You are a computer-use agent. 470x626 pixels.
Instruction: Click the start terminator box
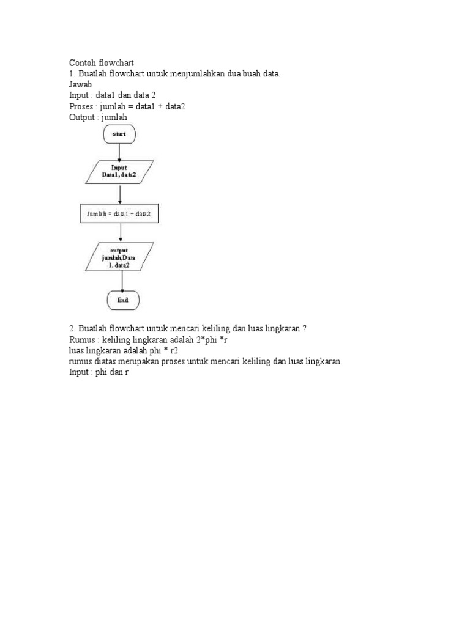coord(119,134)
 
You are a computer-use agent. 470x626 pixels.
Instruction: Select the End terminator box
coord(123,300)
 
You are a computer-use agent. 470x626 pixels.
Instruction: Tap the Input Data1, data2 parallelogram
coord(119,172)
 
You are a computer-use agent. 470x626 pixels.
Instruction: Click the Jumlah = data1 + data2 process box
coord(119,213)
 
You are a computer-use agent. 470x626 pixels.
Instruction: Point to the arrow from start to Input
coord(120,152)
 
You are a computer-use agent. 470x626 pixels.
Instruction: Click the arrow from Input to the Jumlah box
coord(120,194)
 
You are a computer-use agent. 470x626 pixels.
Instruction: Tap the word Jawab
coord(80,85)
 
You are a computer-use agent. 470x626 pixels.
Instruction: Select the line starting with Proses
coord(127,106)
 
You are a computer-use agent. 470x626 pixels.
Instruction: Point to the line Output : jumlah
coord(98,117)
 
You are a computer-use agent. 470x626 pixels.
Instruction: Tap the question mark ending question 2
coord(304,329)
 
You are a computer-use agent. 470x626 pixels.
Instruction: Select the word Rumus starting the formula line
coord(82,340)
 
